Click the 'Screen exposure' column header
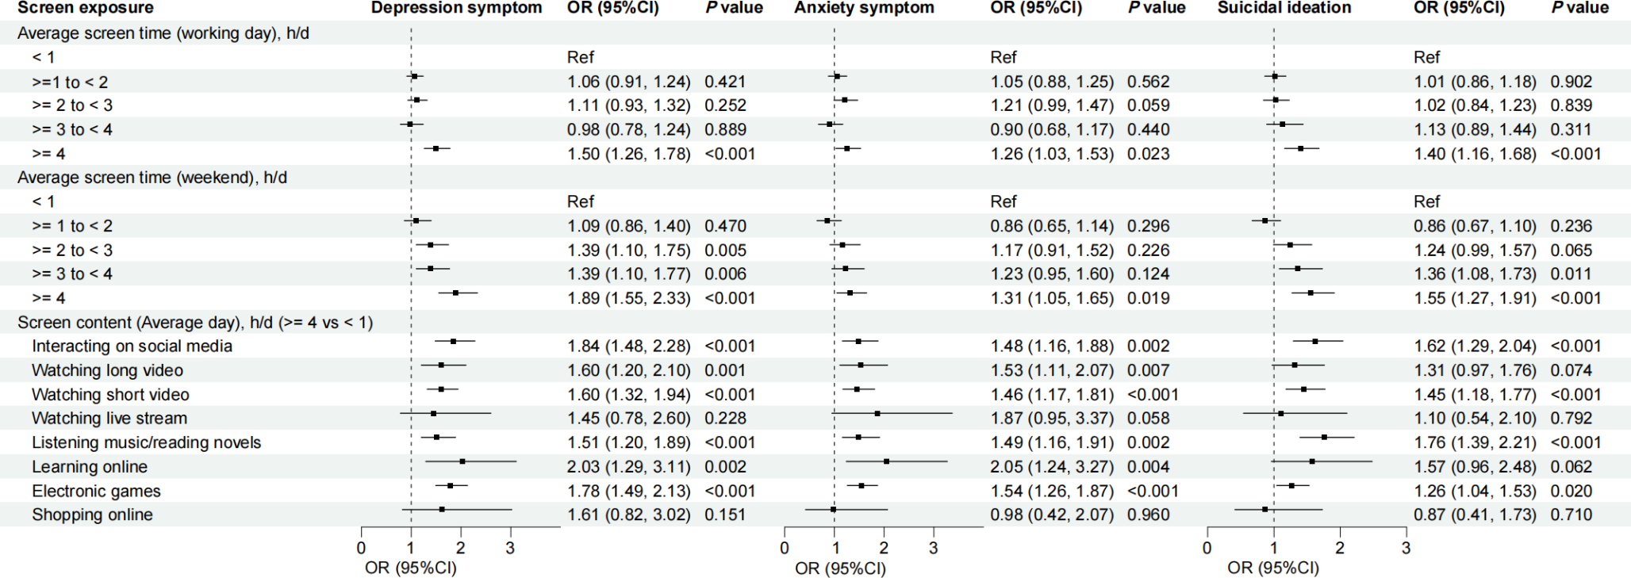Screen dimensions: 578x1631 point(86,8)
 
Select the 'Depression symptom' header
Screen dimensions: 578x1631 point(456,8)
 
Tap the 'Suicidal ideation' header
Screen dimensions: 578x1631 point(1284,8)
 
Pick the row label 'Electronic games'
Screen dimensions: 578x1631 point(96,491)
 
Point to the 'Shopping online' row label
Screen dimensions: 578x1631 point(92,515)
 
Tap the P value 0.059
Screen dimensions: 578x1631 point(1148,105)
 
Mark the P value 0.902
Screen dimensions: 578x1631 point(1571,82)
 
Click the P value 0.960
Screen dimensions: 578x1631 point(1148,515)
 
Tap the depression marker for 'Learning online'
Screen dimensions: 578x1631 point(462,461)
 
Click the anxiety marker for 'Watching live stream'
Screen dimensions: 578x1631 point(877,413)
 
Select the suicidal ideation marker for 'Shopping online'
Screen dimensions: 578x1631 point(1265,509)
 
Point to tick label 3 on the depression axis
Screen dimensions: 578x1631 point(510,548)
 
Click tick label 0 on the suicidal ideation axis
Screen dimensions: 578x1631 point(1207,548)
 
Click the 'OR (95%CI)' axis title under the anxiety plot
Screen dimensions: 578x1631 point(840,568)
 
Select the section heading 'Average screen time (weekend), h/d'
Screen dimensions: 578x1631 point(152,178)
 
